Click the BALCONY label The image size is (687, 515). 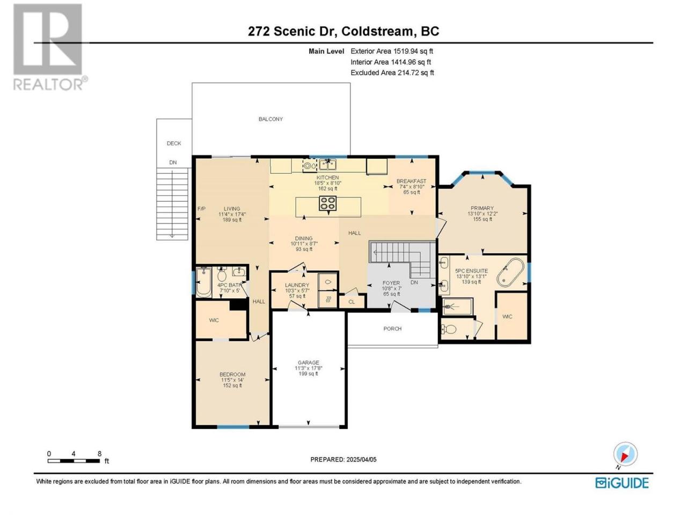271,119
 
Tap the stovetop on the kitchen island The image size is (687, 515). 327,203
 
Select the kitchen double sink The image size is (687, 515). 327,164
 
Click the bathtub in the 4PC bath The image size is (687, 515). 203,282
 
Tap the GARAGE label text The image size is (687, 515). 308,363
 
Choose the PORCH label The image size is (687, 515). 392,329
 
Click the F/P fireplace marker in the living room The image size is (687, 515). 201,209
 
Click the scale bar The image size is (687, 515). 74,461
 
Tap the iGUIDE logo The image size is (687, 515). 622,483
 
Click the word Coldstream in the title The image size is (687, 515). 377,31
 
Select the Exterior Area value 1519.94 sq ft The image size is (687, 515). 413,51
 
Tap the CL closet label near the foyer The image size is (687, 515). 352,301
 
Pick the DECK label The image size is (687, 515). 174,143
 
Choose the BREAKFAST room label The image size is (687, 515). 411,181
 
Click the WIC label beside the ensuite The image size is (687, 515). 507,317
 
